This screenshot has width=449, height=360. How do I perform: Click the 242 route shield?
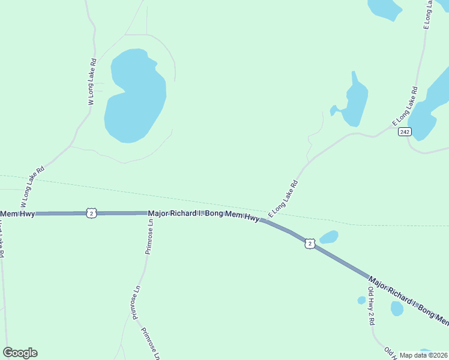click(x=405, y=132)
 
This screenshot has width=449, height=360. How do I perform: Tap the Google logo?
click(x=20, y=353)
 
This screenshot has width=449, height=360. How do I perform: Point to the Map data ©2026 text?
click(x=423, y=355)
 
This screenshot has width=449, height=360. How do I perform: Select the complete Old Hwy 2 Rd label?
click(x=372, y=306)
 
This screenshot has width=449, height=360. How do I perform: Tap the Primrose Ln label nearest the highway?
click(x=149, y=236)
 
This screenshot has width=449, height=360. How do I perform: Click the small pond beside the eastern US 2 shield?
click(x=329, y=237)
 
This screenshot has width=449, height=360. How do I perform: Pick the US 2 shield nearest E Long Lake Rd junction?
click(x=309, y=243)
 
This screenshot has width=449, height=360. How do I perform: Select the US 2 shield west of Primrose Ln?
click(x=91, y=213)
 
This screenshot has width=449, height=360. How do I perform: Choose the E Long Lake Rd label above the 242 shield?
click(x=405, y=106)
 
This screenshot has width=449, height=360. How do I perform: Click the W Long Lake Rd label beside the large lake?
click(x=92, y=82)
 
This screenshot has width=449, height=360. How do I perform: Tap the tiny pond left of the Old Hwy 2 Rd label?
click(x=361, y=300)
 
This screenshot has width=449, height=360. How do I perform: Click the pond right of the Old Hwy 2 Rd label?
click(x=397, y=308)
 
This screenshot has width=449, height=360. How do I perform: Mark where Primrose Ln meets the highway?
click(x=149, y=213)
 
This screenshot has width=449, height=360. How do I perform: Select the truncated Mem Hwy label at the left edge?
click(x=17, y=214)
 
